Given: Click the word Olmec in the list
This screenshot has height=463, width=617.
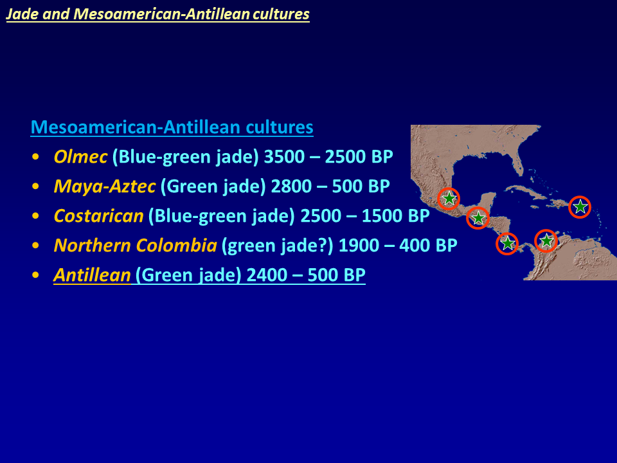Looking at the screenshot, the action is point(80,157).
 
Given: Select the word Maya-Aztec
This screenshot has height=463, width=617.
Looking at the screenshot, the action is point(105,186).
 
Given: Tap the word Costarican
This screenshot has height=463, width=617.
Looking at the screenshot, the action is point(98,216).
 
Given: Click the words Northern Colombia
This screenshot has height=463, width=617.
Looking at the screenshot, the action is point(136,245).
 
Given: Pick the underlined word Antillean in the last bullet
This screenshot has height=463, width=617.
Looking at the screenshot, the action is point(92,275).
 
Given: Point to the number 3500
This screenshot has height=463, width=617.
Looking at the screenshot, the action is point(284,157).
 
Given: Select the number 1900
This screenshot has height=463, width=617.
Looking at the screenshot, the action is point(359,245).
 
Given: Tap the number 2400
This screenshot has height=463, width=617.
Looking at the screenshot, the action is point(266,275).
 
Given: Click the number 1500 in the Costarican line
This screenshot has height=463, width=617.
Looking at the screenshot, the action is point(382,216).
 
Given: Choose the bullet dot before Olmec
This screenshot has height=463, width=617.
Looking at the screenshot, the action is point(36,157).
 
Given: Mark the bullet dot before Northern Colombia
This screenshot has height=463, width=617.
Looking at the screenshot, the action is point(36,245).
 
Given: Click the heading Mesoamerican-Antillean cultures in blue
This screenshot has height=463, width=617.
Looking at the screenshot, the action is point(172,127).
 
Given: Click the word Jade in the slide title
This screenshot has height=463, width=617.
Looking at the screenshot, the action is point(22,14).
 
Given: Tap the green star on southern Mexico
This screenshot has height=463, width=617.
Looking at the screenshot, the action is point(449,198).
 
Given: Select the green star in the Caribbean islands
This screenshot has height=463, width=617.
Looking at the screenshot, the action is point(580,206).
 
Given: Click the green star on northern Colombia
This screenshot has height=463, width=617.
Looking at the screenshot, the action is point(546,240).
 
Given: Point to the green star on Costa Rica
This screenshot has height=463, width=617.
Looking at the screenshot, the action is point(508,243).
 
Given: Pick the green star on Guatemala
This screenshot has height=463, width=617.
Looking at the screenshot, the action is point(478,218).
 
